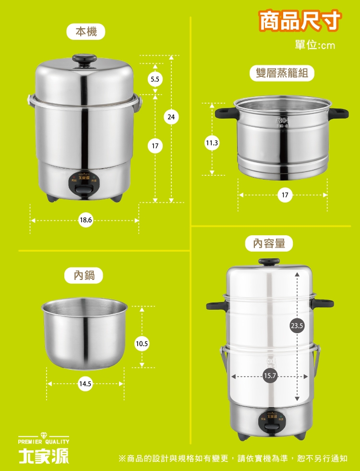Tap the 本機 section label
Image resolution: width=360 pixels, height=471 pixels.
point(86,32)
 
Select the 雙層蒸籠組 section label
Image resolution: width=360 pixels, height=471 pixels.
point(282,73)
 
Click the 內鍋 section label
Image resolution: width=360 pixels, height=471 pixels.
point(84,275)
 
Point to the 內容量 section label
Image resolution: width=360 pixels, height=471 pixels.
point(269,243)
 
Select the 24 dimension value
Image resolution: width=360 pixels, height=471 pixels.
point(171,116)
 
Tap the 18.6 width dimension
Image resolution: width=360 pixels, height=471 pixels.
point(85,220)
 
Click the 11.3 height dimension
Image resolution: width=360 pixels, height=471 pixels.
point(212,143)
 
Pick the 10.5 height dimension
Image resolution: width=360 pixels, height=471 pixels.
point(142,343)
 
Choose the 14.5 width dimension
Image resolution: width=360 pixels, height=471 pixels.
point(86,384)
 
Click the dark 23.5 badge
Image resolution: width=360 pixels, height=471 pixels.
point(297,326)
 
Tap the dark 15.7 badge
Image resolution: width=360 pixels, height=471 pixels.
point(270,376)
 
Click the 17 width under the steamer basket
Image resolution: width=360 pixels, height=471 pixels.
point(285,195)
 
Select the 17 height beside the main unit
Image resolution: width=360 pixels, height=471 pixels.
point(155,145)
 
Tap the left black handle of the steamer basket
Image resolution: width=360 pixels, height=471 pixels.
point(225,113)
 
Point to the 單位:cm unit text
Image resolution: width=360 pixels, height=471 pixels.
point(315,45)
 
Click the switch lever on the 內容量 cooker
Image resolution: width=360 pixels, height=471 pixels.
point(270,426)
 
